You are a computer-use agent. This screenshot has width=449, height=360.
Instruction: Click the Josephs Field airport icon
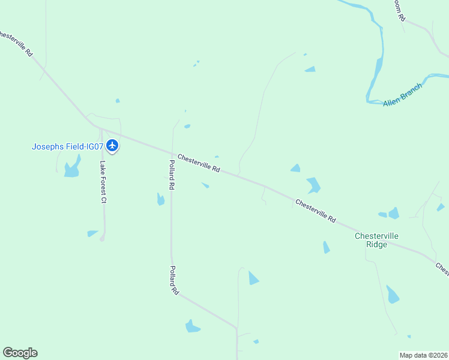click(x=112, y=145)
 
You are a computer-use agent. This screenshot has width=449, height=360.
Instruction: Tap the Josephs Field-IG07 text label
click(x=68, y=146)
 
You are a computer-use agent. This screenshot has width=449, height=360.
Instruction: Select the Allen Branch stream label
click(x=403, y=95)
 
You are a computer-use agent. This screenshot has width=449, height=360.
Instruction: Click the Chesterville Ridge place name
click(x=376, y=240)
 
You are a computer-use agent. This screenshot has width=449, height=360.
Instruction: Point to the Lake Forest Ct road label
click(x=103, y=182)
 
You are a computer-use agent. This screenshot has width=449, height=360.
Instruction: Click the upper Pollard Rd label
click(x=172, y=175)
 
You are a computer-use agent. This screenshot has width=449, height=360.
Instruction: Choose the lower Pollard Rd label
click(x=173, y=280)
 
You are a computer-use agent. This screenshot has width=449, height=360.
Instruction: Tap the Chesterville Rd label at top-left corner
click(x=16, y=43)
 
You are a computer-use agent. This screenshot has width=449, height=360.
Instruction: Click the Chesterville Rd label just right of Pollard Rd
click(x=199, y=162)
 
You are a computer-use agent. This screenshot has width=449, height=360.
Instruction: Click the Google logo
click(x=20, y=353)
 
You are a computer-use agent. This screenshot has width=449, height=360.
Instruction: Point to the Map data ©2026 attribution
click(x=423, y=355)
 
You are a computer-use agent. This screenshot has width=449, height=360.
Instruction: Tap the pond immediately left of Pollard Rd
click(x=160, y=199)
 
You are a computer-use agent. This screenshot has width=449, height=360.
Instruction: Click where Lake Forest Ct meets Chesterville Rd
click(x=101, y=129)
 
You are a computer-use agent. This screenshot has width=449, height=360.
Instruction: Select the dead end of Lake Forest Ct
click(x=102, y=239)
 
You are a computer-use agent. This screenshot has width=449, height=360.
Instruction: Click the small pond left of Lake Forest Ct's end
click(x=92, y=233)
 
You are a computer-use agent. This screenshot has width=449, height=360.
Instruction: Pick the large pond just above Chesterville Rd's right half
click(x=313, y=185)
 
